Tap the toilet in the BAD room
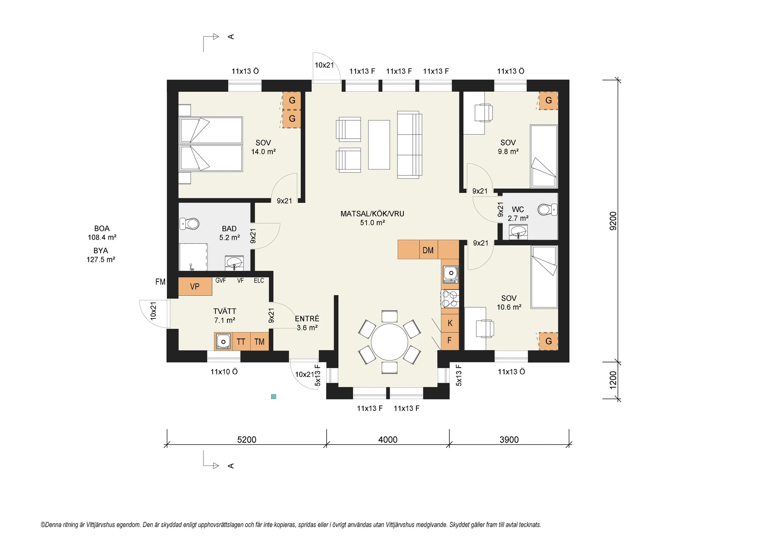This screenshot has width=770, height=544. click(189, 224)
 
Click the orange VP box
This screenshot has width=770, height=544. click(195, 286)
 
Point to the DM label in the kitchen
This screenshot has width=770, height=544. click(428, 250)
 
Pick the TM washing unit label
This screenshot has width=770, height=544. click(259, 342)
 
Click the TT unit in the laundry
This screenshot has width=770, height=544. click(241, 342)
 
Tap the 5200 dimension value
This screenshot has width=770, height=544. click(247, 439)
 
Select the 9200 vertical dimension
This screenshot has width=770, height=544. click(613, 221)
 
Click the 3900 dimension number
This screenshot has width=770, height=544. click(509, 439)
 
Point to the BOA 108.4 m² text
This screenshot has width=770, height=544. click(102, 233)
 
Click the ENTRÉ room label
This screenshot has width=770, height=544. click(307, 318)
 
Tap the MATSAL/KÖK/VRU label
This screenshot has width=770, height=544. click(372, 214)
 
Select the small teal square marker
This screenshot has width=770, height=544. click(274, 397)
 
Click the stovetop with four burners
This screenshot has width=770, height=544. click(450, 298)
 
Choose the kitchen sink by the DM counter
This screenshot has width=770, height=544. click(451, 274)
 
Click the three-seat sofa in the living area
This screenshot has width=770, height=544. click(409, 145)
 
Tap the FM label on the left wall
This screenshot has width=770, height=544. click(160, 282)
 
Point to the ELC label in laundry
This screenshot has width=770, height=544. click(259, 280)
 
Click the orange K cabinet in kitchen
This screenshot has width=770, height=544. click(450, 323)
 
